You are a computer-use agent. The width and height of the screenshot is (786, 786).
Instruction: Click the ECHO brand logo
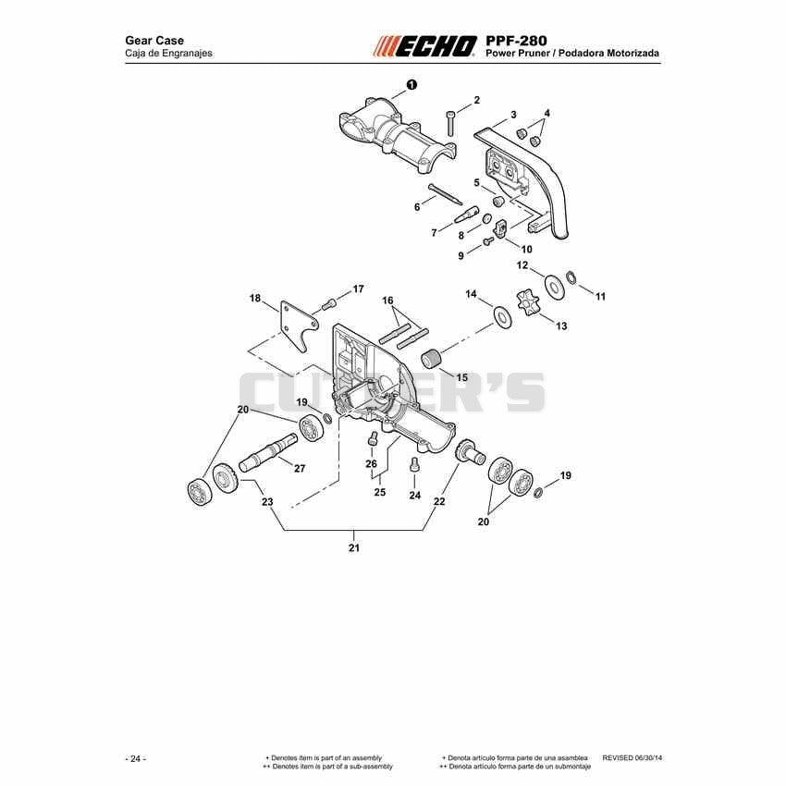[x=425, y=46]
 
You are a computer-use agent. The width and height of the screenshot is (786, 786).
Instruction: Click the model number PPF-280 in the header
[x=516, y=40]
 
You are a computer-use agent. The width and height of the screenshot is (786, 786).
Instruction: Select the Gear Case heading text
[x=154, y=40]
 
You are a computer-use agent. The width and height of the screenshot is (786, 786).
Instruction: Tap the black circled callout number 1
[x=411, y=85]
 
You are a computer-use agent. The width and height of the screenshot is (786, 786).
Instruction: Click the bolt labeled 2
[x=450, y=123]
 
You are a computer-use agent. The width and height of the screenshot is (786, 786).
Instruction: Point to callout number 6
[x=417, y=206]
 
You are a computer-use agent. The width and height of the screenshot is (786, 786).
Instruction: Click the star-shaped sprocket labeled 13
[x=528, y=302]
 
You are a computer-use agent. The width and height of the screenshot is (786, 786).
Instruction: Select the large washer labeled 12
[x=555, y=288]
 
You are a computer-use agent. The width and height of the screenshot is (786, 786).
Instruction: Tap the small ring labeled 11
[x=571, y=276]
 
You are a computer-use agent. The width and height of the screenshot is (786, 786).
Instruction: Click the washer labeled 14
[x=502, y=316]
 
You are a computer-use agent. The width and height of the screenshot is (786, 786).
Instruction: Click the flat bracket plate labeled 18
[x=299, y=326]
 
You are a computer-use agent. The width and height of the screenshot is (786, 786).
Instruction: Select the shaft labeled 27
[x=267, y=452]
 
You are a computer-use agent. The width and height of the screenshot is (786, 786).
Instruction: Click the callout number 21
[x=354, y=548]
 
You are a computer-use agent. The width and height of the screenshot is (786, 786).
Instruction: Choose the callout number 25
[x=380, y=492]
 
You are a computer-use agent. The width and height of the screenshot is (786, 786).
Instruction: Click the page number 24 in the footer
[x=135, y=758]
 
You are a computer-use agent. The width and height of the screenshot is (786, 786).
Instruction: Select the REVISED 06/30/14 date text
[x=632, y=757]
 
